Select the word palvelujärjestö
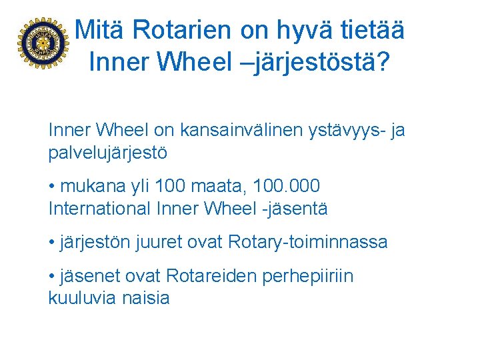(108, 153)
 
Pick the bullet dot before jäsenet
(52, 275)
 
